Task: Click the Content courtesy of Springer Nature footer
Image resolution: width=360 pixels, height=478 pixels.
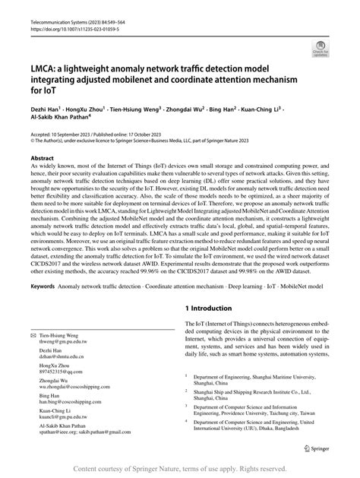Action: [x=180, y=469]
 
